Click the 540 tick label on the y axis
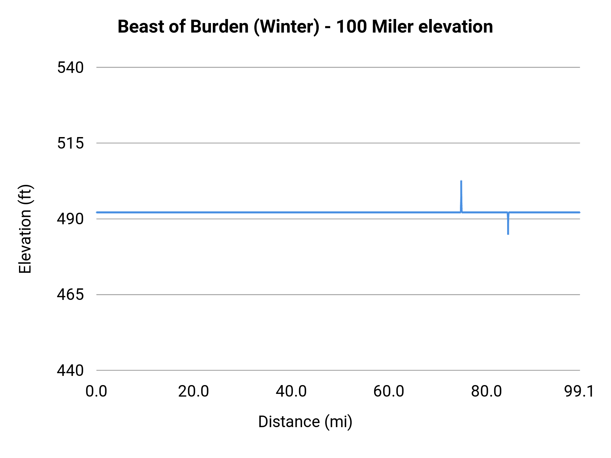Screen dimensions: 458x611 [70, 68]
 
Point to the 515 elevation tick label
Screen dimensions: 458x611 [70, 143]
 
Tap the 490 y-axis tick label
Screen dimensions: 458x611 [70, 219]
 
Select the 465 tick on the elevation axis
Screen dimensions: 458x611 [70, 294]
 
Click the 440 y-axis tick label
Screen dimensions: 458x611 [70, 370]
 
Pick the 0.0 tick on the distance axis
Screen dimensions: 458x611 [96, 392]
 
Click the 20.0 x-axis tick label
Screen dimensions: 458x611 [193, 392]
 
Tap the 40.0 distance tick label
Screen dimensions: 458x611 [291, 392]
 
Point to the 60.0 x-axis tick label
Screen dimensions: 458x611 [389, 392]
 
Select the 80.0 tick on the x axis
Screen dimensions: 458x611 [486, 392]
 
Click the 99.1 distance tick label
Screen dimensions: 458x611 [579, 392]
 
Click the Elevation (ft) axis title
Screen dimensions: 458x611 [25, 229]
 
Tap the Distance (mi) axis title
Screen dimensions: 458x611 [305, 422]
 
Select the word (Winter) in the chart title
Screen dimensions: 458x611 [286, 27]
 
